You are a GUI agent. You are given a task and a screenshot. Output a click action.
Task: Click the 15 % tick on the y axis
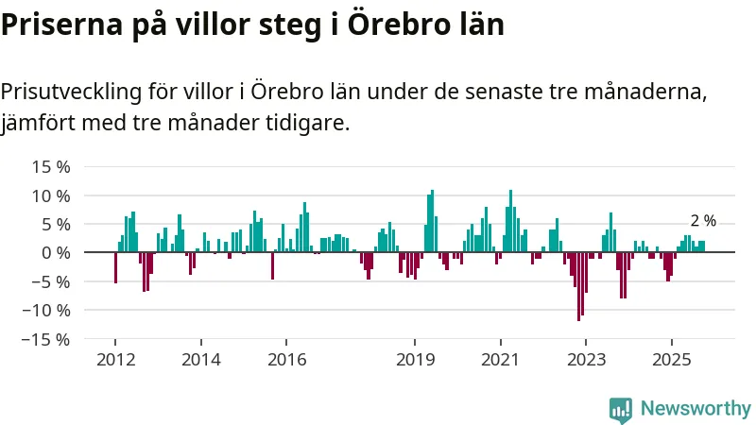(x=51, y=167)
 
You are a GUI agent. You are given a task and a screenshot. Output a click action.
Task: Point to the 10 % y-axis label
(x=51, y=195)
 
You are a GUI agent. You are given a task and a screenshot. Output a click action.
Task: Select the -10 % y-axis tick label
(x=47, y=310)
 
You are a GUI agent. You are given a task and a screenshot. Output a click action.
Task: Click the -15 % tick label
(x=47, y=338)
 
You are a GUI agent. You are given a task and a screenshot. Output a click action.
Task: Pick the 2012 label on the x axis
(x=115, y=360)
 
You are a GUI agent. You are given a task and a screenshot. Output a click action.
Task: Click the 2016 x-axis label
(x=286, y=360)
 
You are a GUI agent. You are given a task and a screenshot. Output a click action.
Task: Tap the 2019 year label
(x=414, y=360)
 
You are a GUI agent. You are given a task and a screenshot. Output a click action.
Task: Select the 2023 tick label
(x=585, y=360)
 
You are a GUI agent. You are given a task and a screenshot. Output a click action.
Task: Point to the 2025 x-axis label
(x=670, y=360)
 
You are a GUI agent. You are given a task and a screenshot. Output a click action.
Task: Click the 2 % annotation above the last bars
(x=703, y=221)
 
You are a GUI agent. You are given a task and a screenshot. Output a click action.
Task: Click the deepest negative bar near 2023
(x=578, y=287)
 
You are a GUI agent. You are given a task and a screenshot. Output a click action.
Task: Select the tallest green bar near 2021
(x=510, y=222)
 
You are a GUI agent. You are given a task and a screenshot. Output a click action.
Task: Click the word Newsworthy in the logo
(x=696, y=409)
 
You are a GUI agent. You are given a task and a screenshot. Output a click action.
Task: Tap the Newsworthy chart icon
(x=621, y=409)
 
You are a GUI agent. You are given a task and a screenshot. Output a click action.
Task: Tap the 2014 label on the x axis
(x=200, y=360)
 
